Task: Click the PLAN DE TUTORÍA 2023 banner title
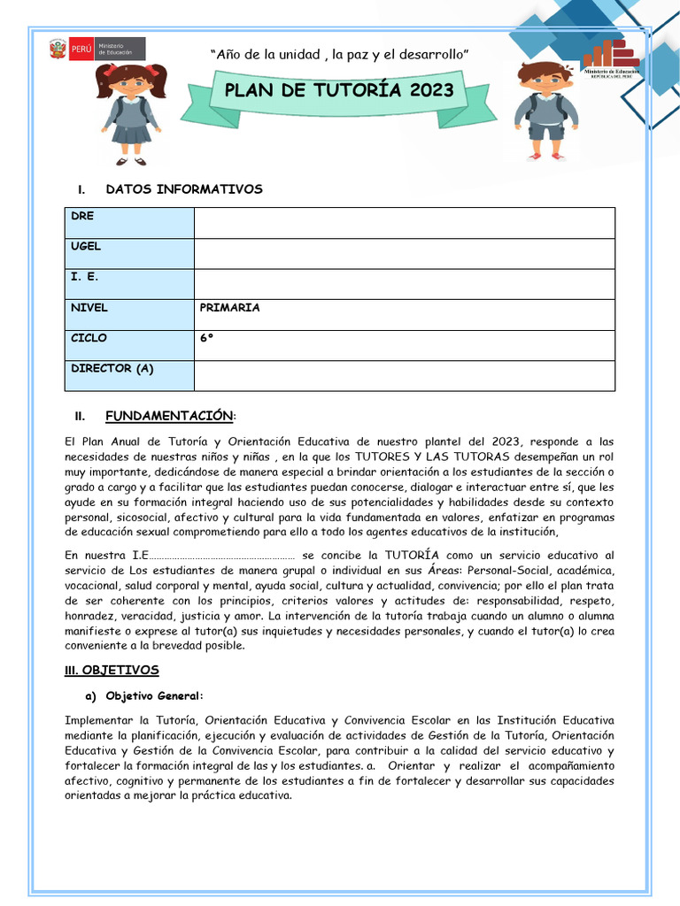click(339, 89)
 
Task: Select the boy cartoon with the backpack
click(545, 110)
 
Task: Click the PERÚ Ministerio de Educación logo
click(97, 49)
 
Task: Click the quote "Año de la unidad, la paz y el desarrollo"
click(339, 55)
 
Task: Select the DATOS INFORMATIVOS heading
click(183, 189)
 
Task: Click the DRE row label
click(82, 216)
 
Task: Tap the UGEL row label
click(86, 247)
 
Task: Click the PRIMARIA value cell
click(230, 308)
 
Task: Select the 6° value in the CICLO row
click(207, 338)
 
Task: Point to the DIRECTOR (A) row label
click(112, 369)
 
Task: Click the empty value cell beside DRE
click(404, 223)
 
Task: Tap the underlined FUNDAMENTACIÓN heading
click(169, 416)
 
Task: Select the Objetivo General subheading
click(154, 695)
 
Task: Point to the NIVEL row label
click(89, 308)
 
